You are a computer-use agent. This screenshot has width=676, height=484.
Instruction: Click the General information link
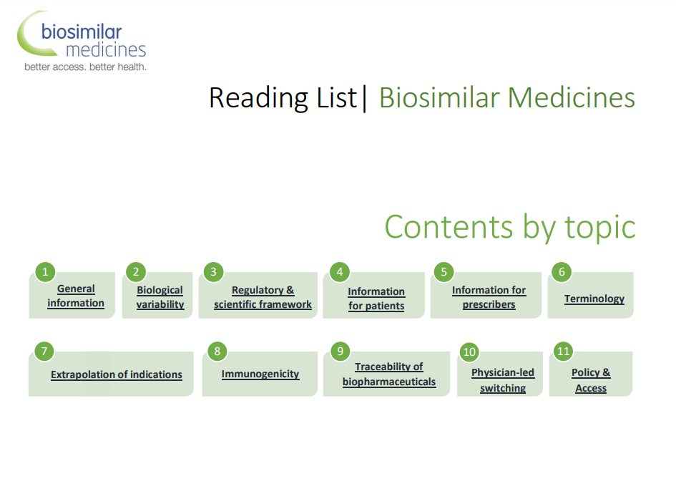(76, 296)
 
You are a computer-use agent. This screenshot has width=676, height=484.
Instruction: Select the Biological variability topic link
(160, 297)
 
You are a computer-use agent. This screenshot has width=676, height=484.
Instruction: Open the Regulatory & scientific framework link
(263, 297)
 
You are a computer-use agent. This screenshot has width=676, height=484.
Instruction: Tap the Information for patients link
(376, 299)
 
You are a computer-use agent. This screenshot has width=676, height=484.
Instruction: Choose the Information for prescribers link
(489, 297)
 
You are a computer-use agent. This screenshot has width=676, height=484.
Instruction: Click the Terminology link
(594, 299)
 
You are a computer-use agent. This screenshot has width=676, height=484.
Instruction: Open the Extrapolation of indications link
(117, 374)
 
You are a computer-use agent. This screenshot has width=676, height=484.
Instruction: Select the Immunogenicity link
(260, 374)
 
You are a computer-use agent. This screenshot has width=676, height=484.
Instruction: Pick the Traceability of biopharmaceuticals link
(389, 374)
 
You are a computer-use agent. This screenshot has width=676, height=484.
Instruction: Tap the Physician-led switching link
(503, 380)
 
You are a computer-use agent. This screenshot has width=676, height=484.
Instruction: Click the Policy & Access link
(591, 380)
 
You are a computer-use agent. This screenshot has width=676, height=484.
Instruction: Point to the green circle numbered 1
(45, 272)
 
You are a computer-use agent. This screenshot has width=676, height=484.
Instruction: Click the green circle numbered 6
(562, 272)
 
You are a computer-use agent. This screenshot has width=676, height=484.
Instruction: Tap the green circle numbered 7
(44, 351)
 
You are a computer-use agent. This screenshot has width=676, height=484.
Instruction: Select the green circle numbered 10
(469, 352)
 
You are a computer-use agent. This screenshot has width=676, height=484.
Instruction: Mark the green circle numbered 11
(564, 351)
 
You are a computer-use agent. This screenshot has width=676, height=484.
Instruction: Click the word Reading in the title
(259, 99)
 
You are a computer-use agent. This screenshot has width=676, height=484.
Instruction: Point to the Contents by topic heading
(510, 227)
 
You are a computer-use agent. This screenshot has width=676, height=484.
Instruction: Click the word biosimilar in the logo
(82, 32)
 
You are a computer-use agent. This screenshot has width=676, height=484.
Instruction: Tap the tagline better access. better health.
(85, 67)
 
